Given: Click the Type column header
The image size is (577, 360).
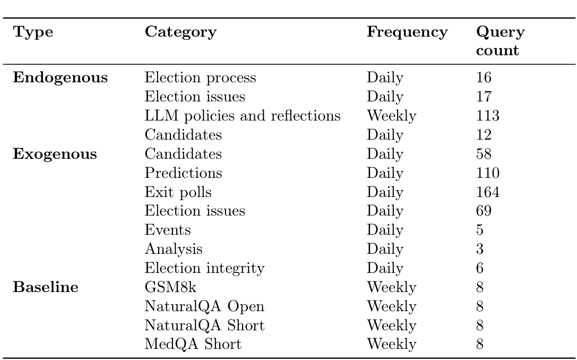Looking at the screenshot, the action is pyautogui.click(x=33, y=32).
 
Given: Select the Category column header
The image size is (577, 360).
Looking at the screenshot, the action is pyautogui.click(x=180, y=32).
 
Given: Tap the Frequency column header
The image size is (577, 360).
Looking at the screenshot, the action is pyautogui.click(x=407, y=32).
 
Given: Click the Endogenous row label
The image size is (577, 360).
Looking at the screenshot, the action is pyautogui.click(x=61, y=78).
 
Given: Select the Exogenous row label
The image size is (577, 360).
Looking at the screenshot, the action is pyautogui.click(x=55, y=155).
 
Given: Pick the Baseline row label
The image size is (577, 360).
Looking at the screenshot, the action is pyautogui.click(x=46, y=288).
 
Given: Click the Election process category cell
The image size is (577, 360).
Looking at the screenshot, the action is pyautogui.click(x=200, y=78).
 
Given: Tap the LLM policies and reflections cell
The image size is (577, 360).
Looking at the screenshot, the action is pyautogui.click(x=242, y=116).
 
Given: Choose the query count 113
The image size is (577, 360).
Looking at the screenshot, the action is pyautogui.click(x=488, y=116).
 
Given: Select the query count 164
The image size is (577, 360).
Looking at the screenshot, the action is pyautogui.click(x=488, y=192).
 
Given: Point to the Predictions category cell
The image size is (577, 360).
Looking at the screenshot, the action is pyautogui.click(x=183, y=173).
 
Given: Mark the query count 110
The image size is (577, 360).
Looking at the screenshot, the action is pyautogui.click(x=488, y=173).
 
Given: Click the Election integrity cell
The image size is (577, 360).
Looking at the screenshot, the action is pyautogui.click(x=204, y=269).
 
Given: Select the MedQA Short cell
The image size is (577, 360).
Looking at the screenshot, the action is pyautogui.click(x=193, y=345).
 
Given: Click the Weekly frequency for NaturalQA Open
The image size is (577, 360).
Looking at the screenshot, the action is pyautogui.click(x=391, y=307).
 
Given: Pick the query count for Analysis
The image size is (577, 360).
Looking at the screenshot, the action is pyautogui.click(x=480, y=250).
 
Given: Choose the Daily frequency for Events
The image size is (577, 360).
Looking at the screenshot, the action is pyautogui.click(x=385, y=230).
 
